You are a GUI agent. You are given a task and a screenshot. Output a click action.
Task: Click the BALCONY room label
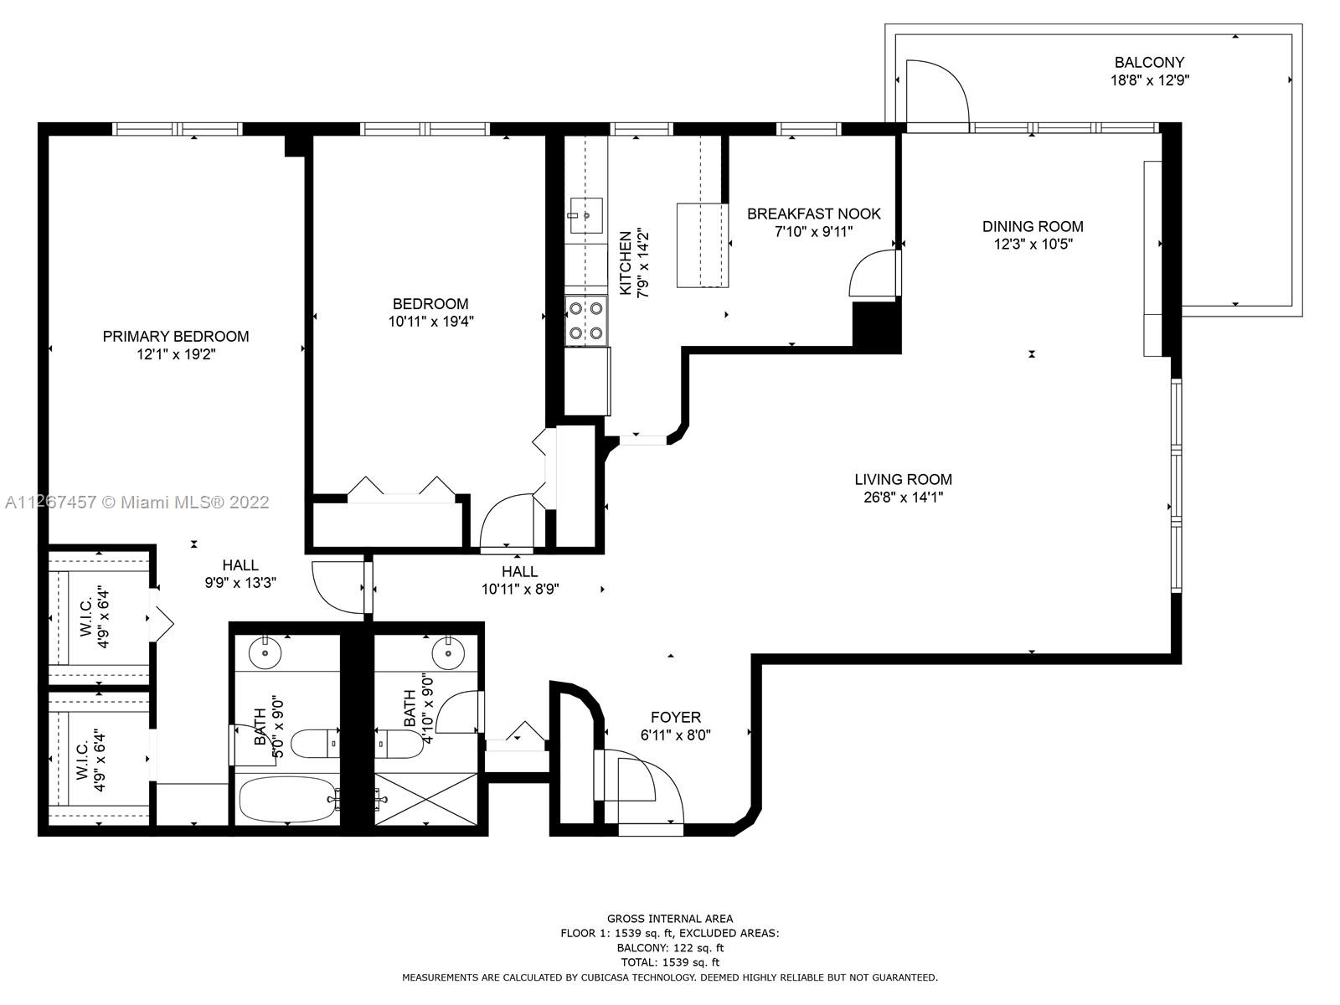(x=1149, y=62)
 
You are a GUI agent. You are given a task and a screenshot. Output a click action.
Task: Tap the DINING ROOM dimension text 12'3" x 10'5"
(x=1033, y=244)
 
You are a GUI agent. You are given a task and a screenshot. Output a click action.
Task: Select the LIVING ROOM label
(x=903, y=480)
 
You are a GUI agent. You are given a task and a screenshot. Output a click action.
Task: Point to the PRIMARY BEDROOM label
(x=176, y=336)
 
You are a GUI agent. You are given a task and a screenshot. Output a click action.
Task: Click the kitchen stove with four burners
(x=586, y=321)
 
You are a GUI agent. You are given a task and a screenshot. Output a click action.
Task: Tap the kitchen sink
(x=586, y=215)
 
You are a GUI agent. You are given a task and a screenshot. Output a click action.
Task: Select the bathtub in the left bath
(x=287, y=799)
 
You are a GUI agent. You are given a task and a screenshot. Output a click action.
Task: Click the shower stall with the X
(x=426, y=799)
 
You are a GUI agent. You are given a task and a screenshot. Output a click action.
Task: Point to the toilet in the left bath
(x=315, y=743)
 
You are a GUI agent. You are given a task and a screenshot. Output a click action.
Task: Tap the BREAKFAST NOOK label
(x=814, y=214)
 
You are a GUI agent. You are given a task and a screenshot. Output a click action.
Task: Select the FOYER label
(x=676, y=717)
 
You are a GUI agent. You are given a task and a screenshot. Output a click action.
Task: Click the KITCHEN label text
(x=625, y=263)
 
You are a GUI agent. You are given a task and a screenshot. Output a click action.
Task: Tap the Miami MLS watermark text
(x=137, y=502)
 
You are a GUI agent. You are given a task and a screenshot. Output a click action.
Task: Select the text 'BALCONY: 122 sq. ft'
(x=670, y=948)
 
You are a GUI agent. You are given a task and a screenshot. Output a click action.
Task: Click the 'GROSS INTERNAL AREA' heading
(x=670, y=919)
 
